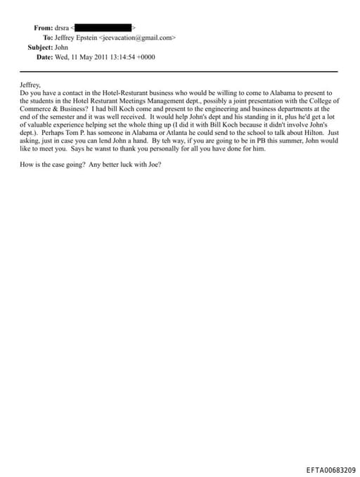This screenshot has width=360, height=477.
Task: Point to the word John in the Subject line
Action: tap(61, 47)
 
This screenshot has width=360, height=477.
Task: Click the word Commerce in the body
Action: tap(34, 108)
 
